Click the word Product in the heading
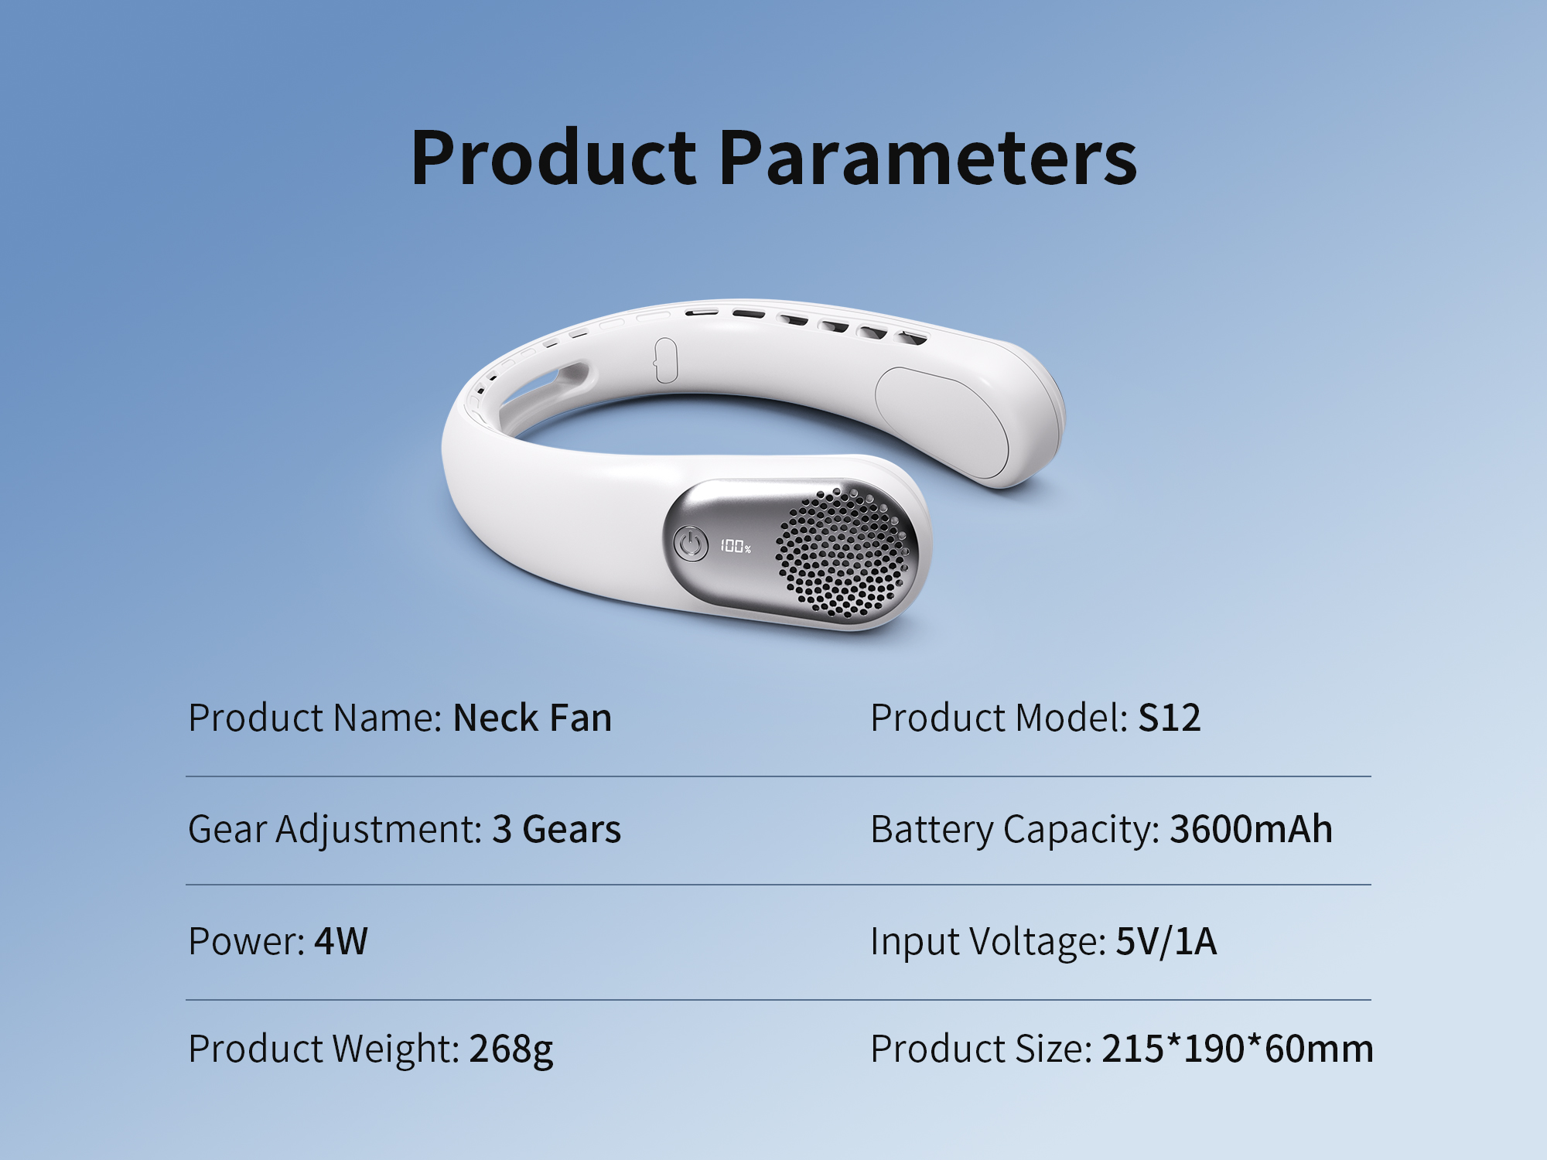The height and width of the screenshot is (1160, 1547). pos(554,158)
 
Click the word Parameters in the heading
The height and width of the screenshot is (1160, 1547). pos(928,158)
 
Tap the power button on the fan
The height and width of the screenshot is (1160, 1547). pos(690,544)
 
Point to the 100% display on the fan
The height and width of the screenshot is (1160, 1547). pos(736,546)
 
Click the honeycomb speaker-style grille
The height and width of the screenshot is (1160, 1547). pos(842,552)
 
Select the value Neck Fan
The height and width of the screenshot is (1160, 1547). pos(532,718)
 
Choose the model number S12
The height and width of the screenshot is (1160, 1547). pos(1170,718)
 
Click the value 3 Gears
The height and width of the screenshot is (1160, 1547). pos(556,829)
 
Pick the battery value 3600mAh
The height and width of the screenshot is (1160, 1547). pos(1251,829)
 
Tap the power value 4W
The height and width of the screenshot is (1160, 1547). pos(341,941)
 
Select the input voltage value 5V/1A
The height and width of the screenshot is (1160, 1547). pos(1166,941)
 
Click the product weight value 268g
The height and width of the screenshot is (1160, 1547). pos(511,1049)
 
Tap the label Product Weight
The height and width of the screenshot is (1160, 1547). pos(324,1049)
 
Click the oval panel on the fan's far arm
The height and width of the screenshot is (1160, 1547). pos(942,422)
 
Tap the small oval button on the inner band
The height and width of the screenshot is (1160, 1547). pos(665,360)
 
